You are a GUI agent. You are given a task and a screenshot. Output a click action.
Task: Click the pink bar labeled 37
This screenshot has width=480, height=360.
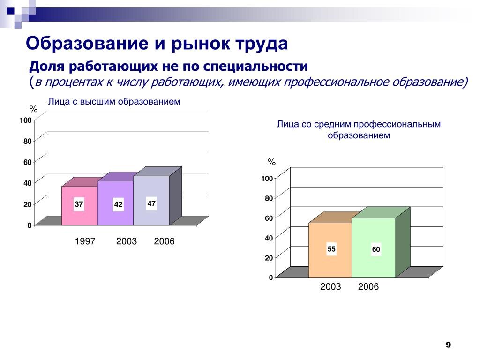coord(80,206)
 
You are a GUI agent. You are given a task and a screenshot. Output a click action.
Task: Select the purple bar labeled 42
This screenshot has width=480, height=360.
coord(115,203)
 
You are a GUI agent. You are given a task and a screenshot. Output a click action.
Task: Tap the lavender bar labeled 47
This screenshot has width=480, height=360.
coord(151,201)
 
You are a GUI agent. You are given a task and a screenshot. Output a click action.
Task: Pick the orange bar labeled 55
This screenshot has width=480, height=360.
coord(330,250)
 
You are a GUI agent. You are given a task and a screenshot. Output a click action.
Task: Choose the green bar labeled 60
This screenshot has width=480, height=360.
coord(374,247)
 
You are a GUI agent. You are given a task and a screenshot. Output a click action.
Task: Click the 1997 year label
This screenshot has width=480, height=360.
coord(85,241)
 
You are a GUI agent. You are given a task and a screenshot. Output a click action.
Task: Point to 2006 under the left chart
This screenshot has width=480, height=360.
coord(164,241)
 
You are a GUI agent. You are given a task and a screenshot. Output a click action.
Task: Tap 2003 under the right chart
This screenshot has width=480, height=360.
coord(330,286)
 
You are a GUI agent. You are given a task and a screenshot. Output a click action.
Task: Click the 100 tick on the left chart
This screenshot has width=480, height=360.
coord(26,120)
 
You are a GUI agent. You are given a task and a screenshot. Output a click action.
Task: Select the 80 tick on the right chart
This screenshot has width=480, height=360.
coord(269,198)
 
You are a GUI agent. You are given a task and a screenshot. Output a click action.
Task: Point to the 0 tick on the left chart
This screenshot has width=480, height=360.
coord(30,225)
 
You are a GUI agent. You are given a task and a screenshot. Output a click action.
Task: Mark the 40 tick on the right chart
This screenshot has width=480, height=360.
coord(269,238)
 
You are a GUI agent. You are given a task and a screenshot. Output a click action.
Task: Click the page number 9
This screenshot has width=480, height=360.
coord(448,345)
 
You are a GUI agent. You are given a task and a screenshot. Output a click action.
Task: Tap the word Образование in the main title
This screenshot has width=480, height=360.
coord(87,44)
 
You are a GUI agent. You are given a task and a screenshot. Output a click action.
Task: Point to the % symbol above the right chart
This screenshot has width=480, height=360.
coord(271,162)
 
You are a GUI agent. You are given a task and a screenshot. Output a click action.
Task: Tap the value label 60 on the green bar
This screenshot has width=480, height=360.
coord(376,249)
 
